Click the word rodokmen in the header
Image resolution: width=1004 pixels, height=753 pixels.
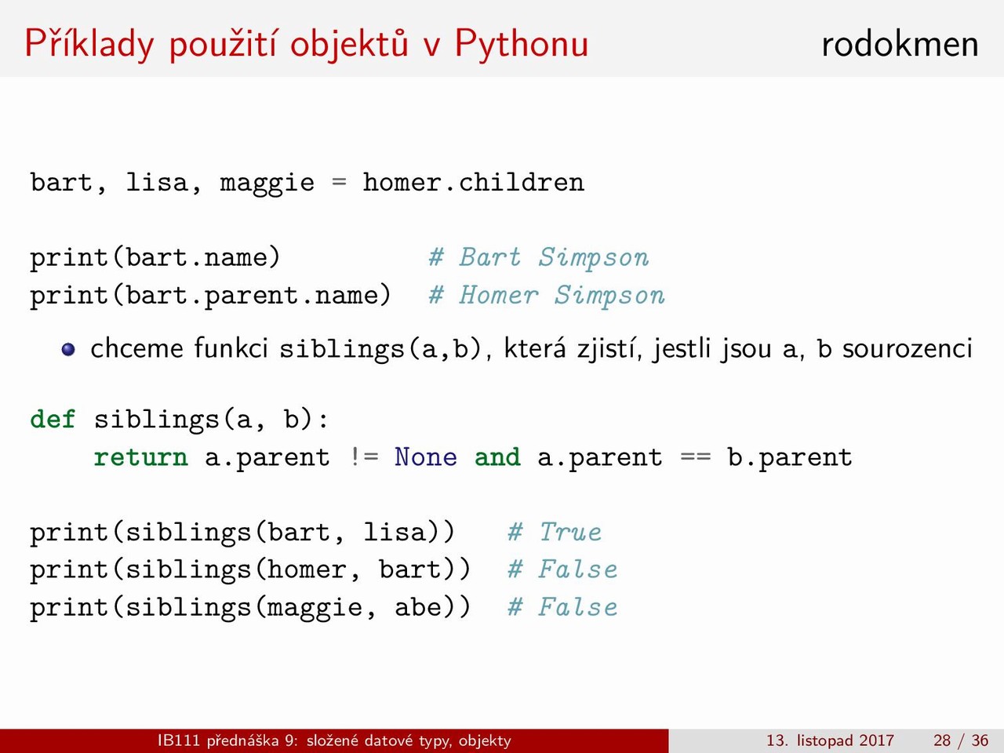[x=900, y=45]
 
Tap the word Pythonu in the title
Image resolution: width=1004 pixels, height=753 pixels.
[x=521, y=45]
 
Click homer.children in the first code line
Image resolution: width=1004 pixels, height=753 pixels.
[x=474, y=183]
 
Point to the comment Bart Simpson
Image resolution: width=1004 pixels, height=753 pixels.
[x=554, y=257]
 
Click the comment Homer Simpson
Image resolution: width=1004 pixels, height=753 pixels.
[x=562, y=295]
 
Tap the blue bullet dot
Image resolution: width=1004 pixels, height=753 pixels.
[x=68, y=349]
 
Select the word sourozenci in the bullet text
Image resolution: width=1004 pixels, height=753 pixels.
[x=908, y=348]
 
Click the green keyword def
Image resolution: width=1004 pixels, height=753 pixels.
[x=53, y=419]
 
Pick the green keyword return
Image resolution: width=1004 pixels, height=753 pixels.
[x=141, y=457]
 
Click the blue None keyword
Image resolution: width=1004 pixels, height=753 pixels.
[x=426, y=457]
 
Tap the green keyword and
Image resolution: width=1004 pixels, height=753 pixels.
[x=497, y=457]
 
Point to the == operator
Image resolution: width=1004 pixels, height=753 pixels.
[x=696, y=457]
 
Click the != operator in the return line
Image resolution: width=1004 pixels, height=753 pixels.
[x=365, y=457]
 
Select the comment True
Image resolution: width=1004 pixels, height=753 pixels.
[x=570, y=532]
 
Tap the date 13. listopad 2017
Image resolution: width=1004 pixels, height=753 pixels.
[x=830, y=740]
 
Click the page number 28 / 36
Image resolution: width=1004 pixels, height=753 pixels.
[x=961, y=740]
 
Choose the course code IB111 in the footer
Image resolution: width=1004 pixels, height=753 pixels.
[x=179, y=740]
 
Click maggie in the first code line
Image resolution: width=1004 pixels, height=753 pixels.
[x=267, y=183]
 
